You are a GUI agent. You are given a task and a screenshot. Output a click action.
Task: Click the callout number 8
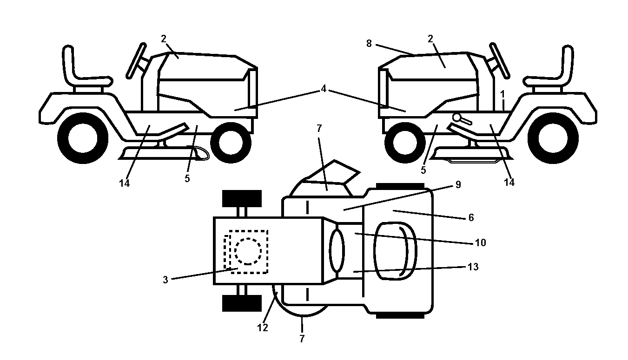pyautogui.click(x=369, y=43)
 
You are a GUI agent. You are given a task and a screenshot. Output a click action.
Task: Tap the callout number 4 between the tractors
pyautogui.click(x=324, y=89)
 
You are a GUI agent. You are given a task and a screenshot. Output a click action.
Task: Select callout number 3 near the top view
pyautogui.click(x=165, y=280)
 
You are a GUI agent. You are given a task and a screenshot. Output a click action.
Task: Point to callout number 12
pyautogui.click(x=263, y=327)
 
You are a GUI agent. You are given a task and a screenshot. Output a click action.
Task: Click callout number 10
pyautogui.click(x=480, y=242)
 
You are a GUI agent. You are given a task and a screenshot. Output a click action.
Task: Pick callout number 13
pyautogui.click(x=473, y=267)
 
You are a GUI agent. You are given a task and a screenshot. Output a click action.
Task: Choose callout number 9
pyautogui.click(x=458, y=184)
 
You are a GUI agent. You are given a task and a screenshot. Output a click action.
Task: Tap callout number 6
pyautogui.click(x=471, y=218)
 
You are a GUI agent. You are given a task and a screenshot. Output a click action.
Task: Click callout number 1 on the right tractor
pyautogui.click(x=502, y=94)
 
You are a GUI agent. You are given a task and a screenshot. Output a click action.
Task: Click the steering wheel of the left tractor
pyautogui.click(x=137, y=60)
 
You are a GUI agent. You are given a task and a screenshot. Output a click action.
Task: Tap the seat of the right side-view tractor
pyautogui.click(x=549, y=70)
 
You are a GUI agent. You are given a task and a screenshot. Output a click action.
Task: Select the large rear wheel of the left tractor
pyautogui.click(x=83, y=138)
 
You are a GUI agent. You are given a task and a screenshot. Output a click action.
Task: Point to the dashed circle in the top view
pyautogui.click(x=248, y=251)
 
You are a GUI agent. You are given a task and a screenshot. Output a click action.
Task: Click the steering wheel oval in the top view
pyautogui.click(x=337, y=250)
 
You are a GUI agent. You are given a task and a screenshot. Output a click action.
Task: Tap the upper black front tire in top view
pyautogui.click(x=242, y=199)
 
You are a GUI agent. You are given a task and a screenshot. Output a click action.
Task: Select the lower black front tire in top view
pyautogui.click(x=242, y=303)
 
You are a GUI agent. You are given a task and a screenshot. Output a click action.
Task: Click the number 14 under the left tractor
pyautogui.click(x=124, y=183)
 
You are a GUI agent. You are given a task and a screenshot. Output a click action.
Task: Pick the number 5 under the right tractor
pyautogui.click(x=423, y=170)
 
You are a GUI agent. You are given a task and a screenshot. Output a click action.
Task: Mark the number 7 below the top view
pyautogui.click(x=302, y=339)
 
